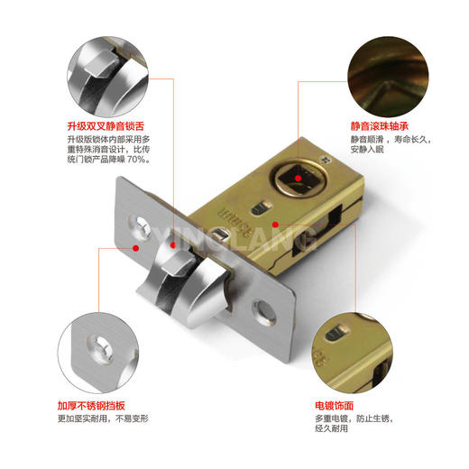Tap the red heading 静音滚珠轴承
[x=380, y=127]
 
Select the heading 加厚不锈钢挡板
[x=100, y=406]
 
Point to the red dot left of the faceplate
[x=134, y=245]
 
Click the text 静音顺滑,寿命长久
[x=390, y=141]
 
